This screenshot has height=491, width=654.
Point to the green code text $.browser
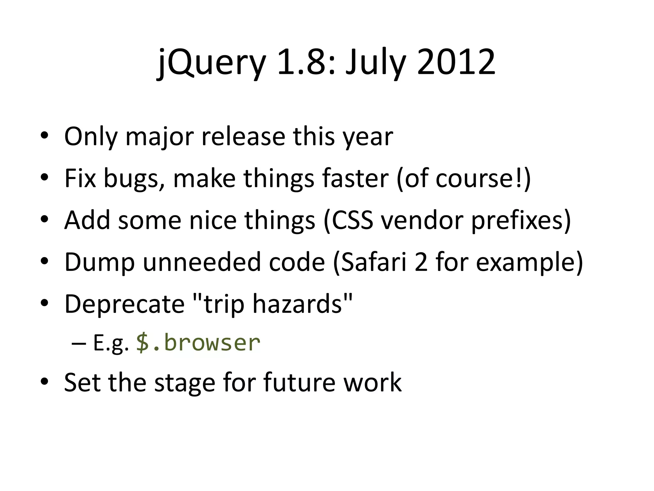pos(198,343)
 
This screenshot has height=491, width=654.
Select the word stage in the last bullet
pos(185,383)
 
